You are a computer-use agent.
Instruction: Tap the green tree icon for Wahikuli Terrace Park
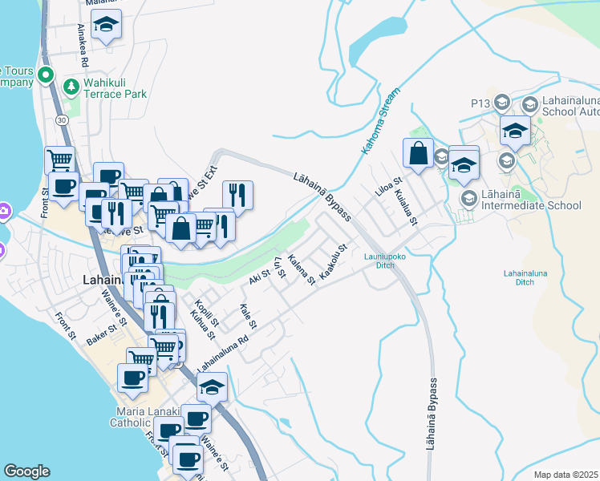click(x=71, y=85)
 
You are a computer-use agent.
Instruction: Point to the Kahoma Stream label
click(x=379, y=121)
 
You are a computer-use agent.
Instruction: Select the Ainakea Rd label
click(x=83, y=44)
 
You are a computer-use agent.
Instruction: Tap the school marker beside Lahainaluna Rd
click(x=212, y=386)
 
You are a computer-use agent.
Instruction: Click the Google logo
click(x=26, y=471)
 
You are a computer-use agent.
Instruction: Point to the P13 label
click(x=480, y=103)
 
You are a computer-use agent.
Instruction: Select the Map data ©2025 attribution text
click(x=566, y=475)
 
